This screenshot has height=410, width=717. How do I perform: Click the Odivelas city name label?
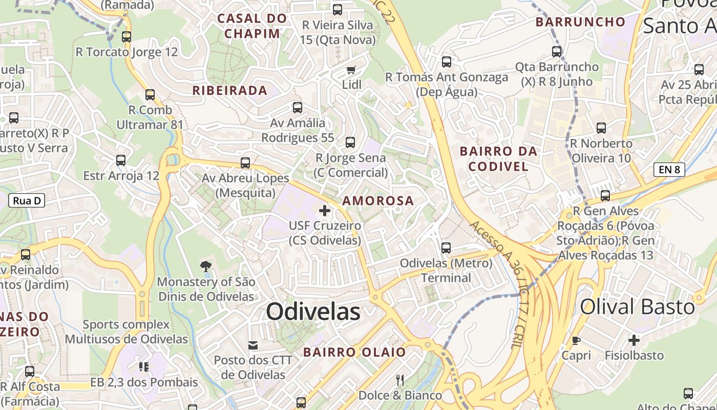(313, 312)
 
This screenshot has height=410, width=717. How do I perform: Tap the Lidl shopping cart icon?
(351, 70)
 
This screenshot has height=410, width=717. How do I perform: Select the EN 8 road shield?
(669, 170)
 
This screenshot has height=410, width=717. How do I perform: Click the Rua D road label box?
(27, 200)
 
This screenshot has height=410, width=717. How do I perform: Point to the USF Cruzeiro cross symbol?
(325, 210)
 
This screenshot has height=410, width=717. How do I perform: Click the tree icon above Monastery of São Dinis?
(206, 266)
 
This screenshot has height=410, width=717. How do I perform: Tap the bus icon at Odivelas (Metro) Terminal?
(446, 248)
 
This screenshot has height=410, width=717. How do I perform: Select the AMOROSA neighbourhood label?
(378, 200)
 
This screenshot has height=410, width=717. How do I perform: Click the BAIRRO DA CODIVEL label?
(498, 158)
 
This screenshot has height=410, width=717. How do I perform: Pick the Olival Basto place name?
(637, 307)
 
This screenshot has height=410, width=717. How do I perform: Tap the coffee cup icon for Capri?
(576, 340)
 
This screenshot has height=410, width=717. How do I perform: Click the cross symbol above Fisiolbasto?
(634, 340)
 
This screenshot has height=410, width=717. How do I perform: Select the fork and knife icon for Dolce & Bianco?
(400, 380)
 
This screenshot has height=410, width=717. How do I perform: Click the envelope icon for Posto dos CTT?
(253, 345)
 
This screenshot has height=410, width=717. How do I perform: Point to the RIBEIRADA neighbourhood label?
(230, 91)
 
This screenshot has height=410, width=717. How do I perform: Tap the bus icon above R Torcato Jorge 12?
(126, 37)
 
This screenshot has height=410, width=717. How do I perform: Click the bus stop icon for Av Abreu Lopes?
(245, 163)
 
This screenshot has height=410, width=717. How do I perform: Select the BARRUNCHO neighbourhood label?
(580, 22)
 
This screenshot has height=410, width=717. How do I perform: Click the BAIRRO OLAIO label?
(354, 352)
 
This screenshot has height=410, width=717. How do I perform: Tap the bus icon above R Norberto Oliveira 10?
(601, 128)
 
